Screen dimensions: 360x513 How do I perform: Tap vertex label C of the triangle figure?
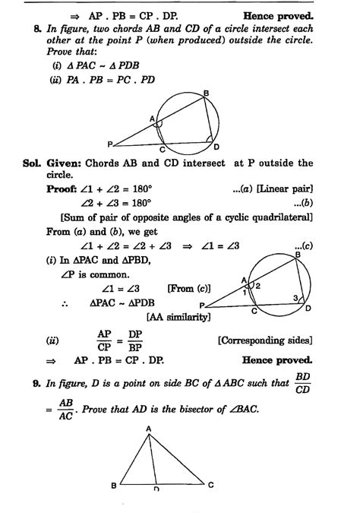click(x=210, y=483)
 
